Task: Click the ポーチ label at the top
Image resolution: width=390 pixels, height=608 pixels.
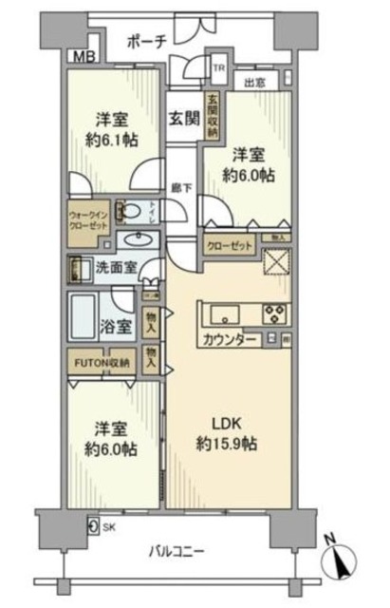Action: click(146, 42)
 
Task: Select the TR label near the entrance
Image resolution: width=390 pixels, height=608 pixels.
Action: click(217, 68)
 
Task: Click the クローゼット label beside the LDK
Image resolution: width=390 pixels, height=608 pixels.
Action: click(231, 245)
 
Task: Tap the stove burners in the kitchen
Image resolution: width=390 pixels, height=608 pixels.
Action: click(275, 313)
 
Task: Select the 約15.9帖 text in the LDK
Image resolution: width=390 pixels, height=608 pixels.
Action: click(224, 444)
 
